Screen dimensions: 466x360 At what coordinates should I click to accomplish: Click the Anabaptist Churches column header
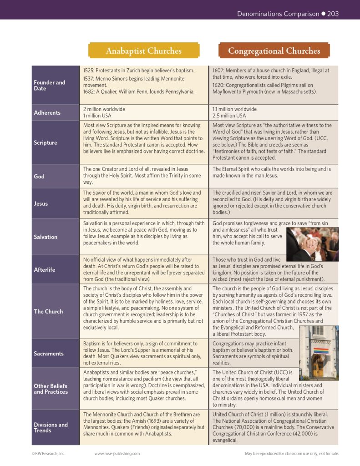(x=143, y=51)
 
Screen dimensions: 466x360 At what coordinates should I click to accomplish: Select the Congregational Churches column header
(x=274, y=51)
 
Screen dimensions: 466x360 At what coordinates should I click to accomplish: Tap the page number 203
(x=333, y=14)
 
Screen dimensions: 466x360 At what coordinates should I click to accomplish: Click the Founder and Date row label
(x=50, y=86)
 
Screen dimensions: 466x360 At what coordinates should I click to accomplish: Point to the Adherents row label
(x=47, y=112)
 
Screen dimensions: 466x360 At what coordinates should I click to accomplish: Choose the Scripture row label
(x=46, y=142)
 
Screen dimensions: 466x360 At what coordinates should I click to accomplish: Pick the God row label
(x=39, y=176)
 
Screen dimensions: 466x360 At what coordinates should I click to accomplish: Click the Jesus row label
(x=41, y=203)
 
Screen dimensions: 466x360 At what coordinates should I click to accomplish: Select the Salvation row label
(x=46, y=237)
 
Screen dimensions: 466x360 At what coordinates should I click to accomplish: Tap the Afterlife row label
(x=45, y=269)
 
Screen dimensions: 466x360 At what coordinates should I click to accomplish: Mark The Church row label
(x=48, y=311)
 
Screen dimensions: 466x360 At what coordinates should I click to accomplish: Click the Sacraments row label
(x=49, y=353)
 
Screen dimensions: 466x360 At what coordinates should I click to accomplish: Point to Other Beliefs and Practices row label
(x=51, y=389)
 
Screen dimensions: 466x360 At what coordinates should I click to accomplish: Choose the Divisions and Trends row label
(x=51, y=427)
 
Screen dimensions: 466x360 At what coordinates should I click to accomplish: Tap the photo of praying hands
(x=312, y=245)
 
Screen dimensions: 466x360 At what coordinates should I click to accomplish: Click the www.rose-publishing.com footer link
(x=117, y=453)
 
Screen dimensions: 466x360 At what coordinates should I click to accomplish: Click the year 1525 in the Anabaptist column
(x=89, y=71)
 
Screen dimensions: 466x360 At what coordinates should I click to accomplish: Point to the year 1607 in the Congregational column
(x=219, y=71)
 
